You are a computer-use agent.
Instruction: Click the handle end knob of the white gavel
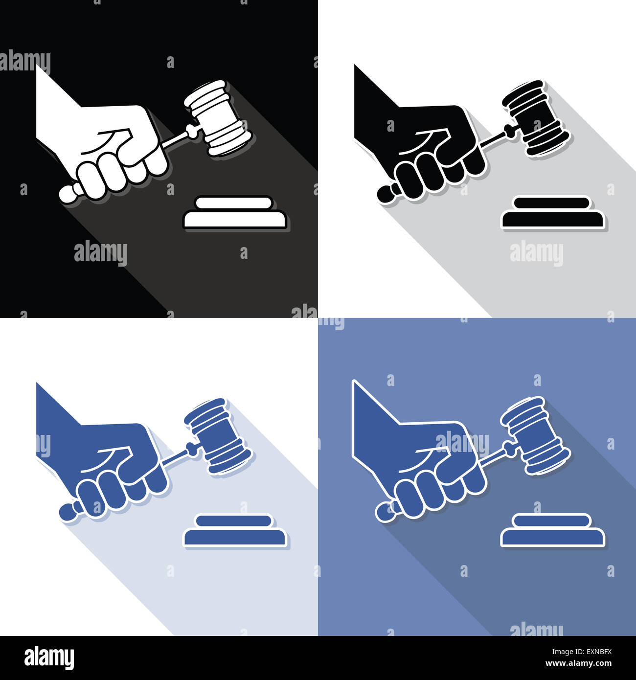click(68, 193)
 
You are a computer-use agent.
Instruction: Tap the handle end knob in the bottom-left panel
click(68, 511)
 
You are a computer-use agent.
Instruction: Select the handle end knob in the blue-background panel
click(384, 511)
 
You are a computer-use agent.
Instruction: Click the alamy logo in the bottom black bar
click(49, 658)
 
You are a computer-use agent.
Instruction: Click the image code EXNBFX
click(593, 651)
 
